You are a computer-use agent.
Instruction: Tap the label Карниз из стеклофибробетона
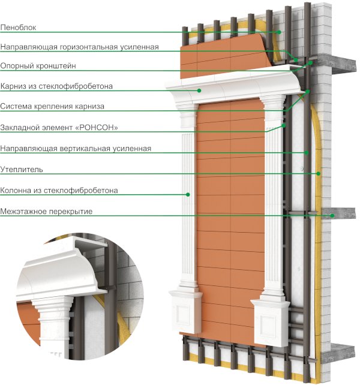(x=65, y=86)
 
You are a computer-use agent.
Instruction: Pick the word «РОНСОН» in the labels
(x=97, y=127)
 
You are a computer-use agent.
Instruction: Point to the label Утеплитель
(x=23, y=170)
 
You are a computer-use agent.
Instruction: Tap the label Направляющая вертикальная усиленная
(x=76, y=148)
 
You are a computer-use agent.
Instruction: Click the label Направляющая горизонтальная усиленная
(x=80, y=46)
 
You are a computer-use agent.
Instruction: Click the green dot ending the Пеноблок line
(x=280, y=32)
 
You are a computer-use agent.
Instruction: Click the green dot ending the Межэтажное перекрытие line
(x=323, y=215)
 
